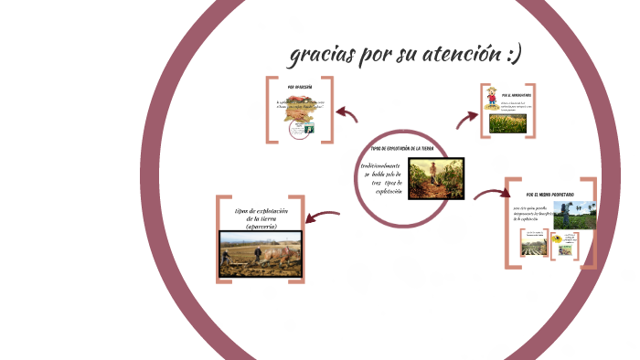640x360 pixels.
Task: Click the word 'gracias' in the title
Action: pos(322,55)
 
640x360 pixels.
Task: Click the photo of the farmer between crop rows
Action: pos(435,178)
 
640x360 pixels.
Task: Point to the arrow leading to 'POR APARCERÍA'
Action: pos(347,113)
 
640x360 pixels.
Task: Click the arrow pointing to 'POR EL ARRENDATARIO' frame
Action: pos(467,117)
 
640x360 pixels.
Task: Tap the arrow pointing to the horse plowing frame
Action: pos(322,217)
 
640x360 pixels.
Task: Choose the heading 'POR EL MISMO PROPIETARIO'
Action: pos(549,195)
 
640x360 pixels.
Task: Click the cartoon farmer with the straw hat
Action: pos(492,98)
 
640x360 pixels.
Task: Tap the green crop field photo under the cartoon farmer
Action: pos(507,123)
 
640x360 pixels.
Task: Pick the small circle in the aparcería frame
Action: pos(297,129)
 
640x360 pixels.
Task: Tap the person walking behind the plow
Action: pos(227,258)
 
